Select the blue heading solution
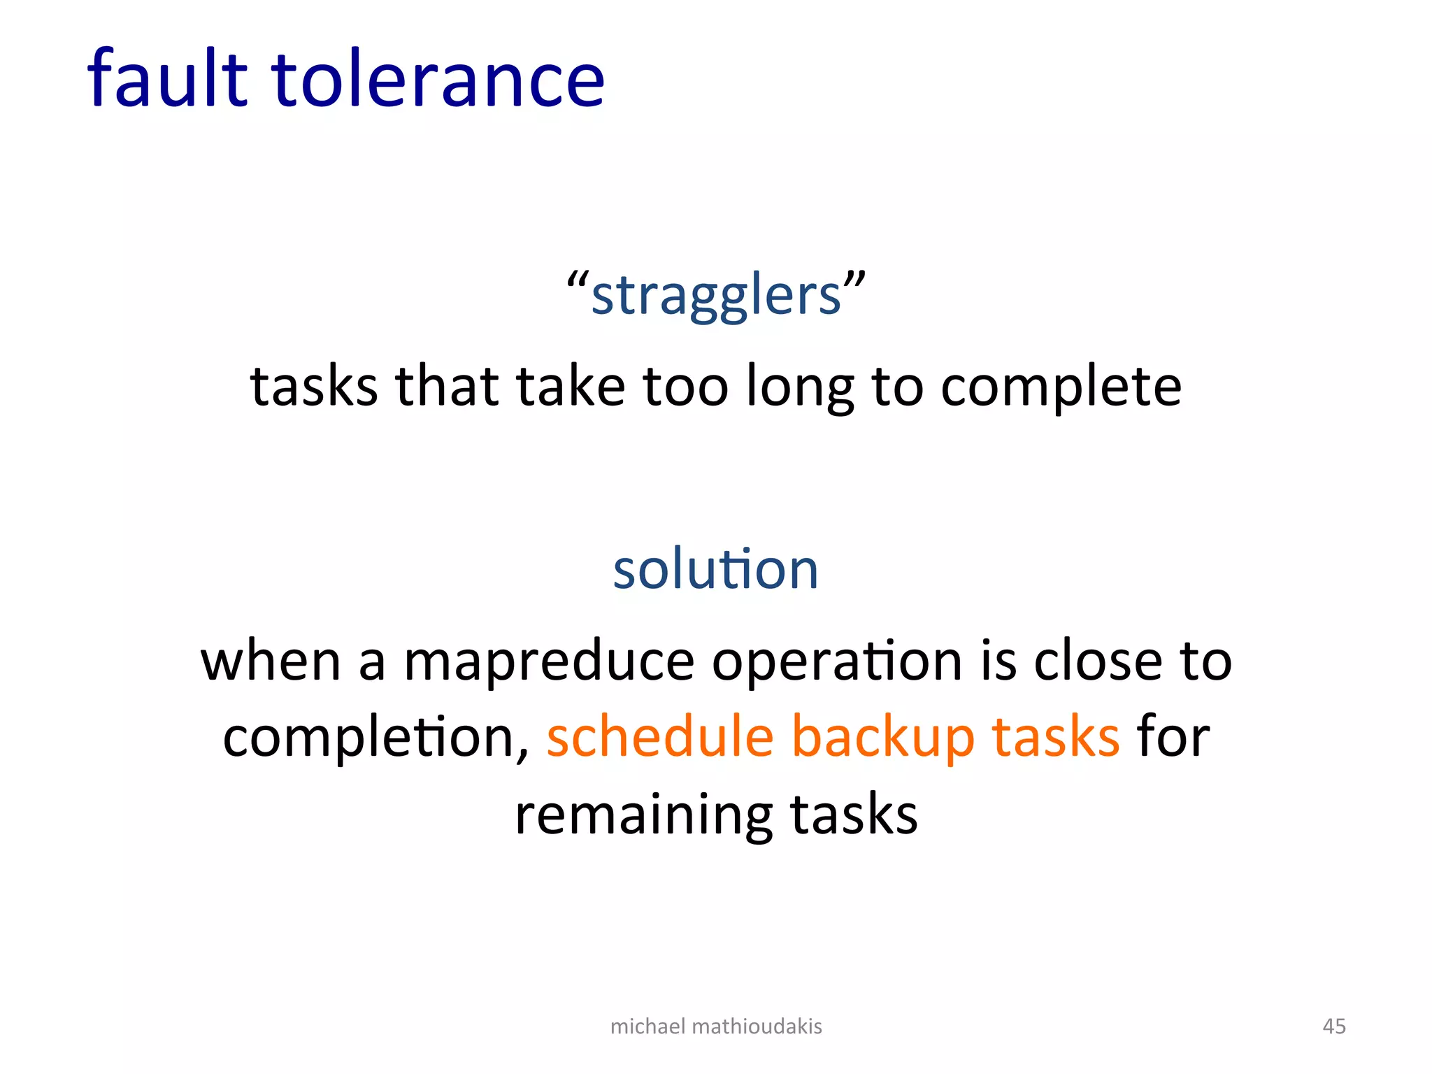[715, 569]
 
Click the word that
[447, 387]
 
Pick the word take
[571, 387]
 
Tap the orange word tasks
[1057, 738]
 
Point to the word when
[271, 661]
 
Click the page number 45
[1334, 1026]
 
